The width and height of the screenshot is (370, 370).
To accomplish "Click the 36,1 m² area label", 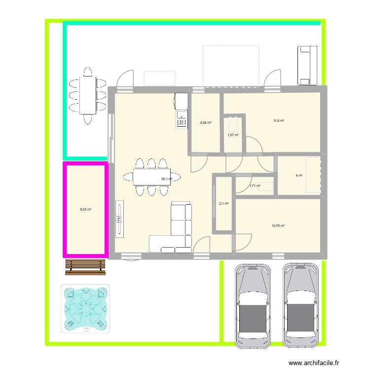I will tap(166, 179).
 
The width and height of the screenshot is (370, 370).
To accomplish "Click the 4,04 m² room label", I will tap(205, 123).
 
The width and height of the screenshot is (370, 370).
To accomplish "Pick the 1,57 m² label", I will tap(233, 135).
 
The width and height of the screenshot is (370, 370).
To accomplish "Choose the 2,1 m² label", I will tap(223, 203).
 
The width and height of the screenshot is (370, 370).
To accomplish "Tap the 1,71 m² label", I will tap(255, 186).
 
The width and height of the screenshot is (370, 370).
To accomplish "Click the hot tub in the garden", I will tap(85, 308).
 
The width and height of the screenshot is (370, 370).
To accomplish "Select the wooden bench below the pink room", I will tap(85, 266).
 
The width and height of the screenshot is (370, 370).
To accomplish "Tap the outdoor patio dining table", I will tap(88, 95).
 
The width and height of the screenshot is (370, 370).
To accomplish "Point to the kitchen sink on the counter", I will tap(182, 119).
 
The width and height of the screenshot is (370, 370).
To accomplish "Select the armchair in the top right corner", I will tap(306, 65).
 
